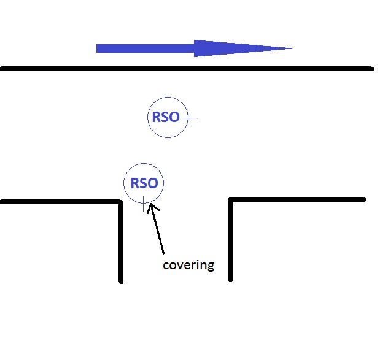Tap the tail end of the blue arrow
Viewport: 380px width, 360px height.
pos(98,48)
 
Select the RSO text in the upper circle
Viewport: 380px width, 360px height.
pos(166,117)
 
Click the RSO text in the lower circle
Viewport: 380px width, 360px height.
pos(144,183)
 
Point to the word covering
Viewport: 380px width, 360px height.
pos(188,266)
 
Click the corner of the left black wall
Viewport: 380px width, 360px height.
pos(120,202)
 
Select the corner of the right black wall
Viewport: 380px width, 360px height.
pos(231,200)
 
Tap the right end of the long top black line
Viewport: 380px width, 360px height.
pos(371,69)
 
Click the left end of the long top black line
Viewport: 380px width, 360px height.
pos(2,69)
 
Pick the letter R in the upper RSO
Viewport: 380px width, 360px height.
pos(157,117)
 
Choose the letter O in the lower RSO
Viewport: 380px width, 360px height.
pos(152,183)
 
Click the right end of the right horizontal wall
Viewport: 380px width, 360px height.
pos(363,199)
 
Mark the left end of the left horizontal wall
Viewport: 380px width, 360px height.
pos(2,201)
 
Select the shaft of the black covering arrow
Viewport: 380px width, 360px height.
pos(158,232)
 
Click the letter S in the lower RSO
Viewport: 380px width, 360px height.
pos(144,183)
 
